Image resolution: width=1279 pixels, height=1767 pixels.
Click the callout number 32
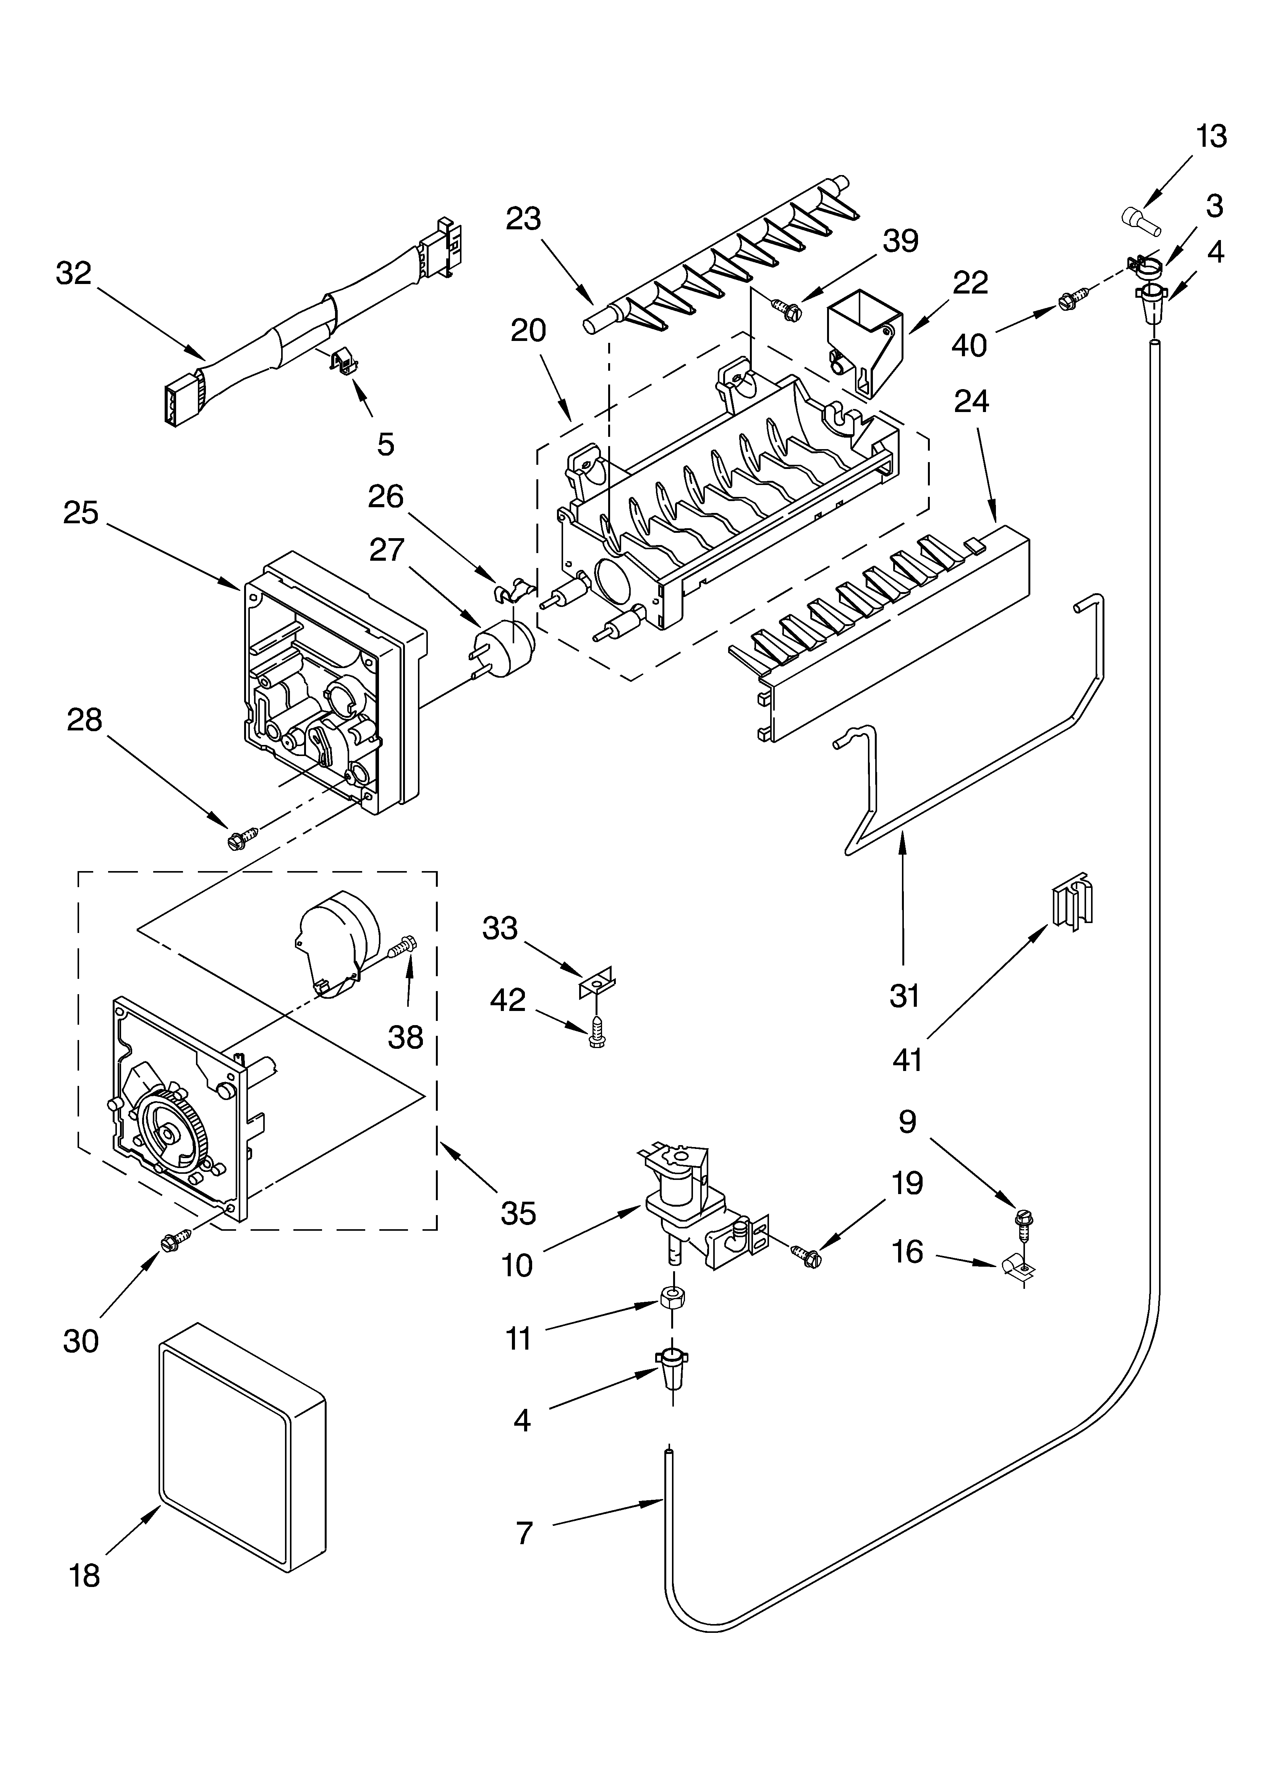pyautogui.click(x=74, y=273)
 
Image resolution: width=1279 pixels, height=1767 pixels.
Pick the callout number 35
pyautogui.click(x=518, y=1213)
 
